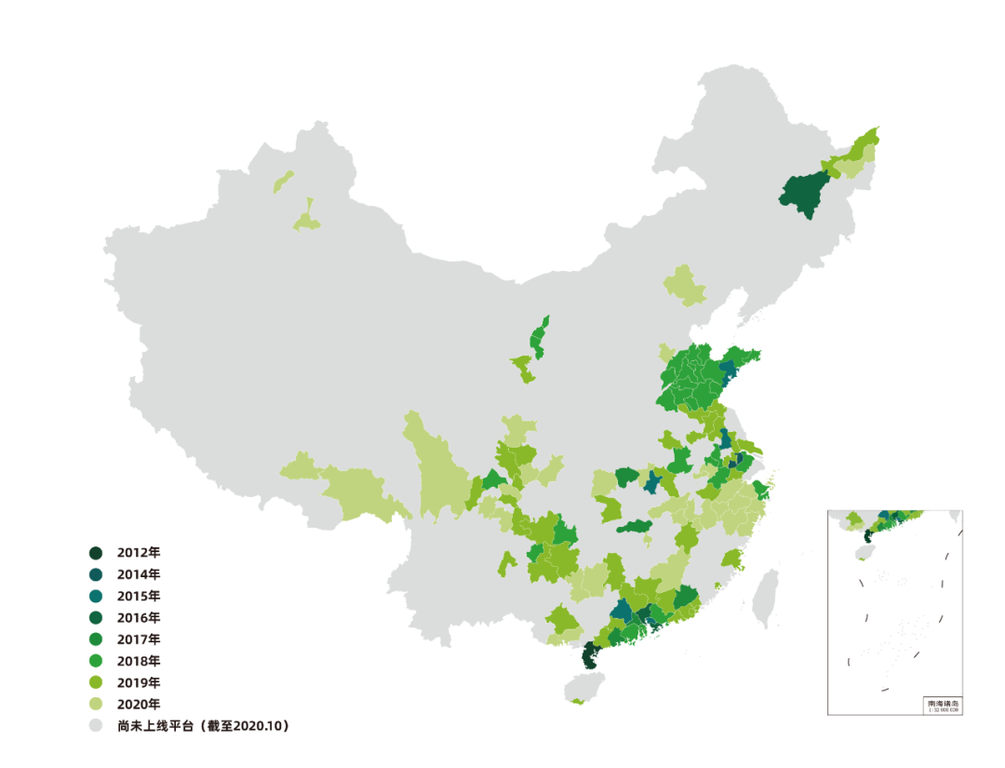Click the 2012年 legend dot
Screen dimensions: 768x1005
tap(95, 553)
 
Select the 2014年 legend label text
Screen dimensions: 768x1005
tap(139, 574)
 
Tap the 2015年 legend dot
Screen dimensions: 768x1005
tap(95, 596)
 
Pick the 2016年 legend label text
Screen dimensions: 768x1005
tap(139, 617)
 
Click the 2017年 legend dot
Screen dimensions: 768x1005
tap(95, 640)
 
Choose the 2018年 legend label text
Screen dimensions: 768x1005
tap(139, 661)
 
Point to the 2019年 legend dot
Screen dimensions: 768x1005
tap(95, 682)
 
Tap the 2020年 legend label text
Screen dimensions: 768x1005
tap(139, 704)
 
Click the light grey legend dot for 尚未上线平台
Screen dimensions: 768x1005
tap(95, 725)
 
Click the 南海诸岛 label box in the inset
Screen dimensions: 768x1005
tap(943, 706)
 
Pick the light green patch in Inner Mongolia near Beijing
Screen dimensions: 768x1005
tap(686, 285)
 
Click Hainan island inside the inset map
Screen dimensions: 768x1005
tap(862, 551)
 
